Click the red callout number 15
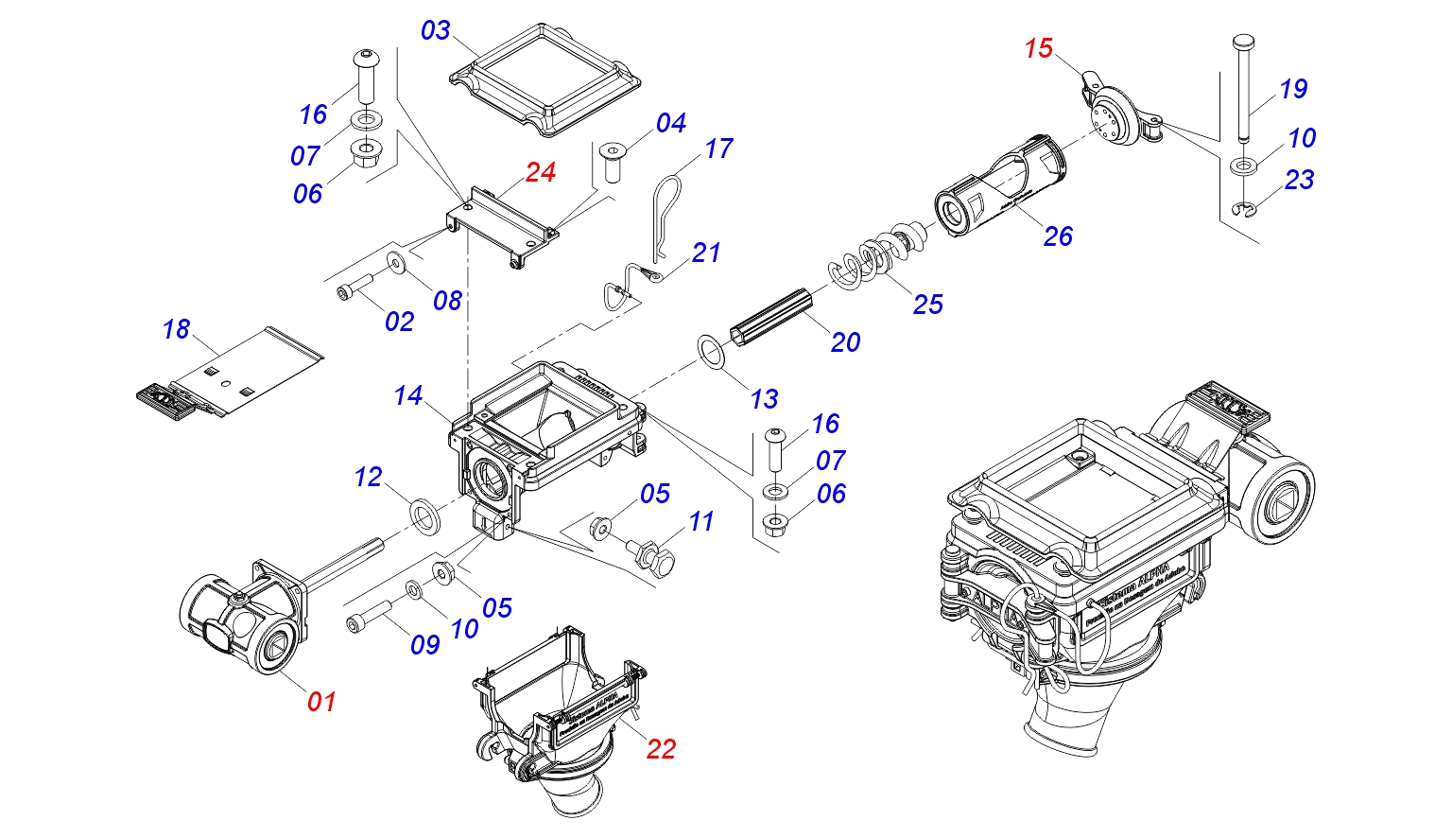coord(1038,48)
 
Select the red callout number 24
coord(541,172)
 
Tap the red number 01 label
coord(321,701)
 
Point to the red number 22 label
coord(661,749)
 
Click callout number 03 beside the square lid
coord(436,30)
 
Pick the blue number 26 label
coord(1058,236)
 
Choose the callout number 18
coord(176,329)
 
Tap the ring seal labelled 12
coord(427,516)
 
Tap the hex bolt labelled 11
coord(654,557)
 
